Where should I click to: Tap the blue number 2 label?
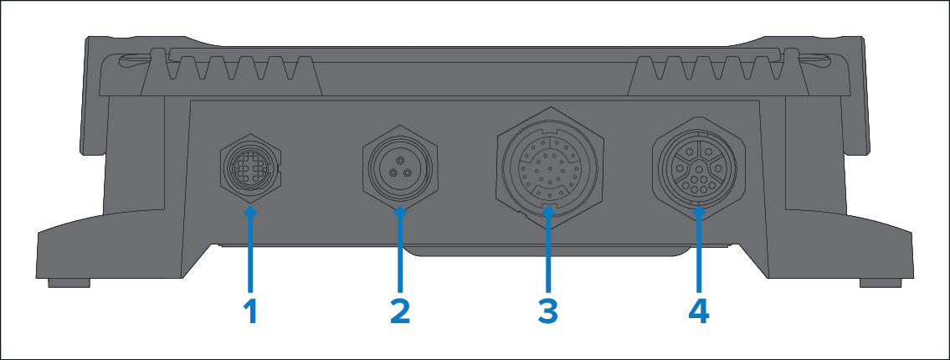click(x=400, y=313)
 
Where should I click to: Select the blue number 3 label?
click(x=547, y=313)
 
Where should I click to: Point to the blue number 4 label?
click(x=699, y=313)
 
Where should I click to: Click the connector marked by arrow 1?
click(x=249, y=167)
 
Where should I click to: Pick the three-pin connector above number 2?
click(x=400, y=168)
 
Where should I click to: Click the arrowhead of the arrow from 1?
click(x=251, y=212)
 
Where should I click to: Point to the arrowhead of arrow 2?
click(x=400, y=212)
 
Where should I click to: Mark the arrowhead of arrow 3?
click(x=547, y=212)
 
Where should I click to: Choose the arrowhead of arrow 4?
click(x=699, y=212)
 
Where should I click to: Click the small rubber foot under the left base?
click(x=69, y=283)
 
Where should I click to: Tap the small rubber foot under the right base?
click(x=881, y=283)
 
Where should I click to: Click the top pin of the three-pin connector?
click(x=400, y=160)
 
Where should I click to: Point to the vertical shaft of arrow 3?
click(x=547, y=255)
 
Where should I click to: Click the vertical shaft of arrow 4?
click(x=699, y=255)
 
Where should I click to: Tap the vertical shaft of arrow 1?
click(x=251, y=255)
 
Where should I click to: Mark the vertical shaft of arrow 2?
click(x=400, y=255)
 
